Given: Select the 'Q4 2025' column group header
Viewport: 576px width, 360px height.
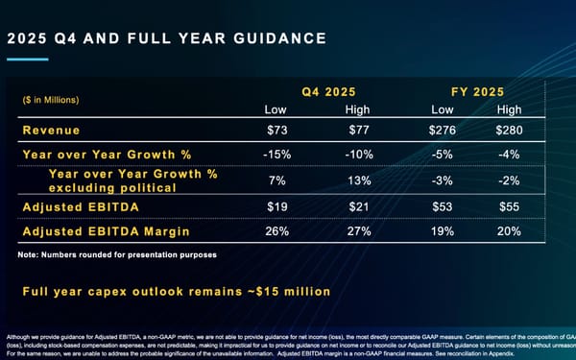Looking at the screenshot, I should [x=329, y=92].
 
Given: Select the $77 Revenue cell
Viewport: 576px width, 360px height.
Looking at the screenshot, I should [x=357, y=130].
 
